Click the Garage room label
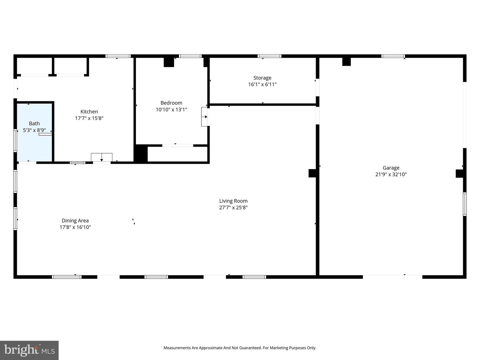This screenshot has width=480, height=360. pyautogui.click(x=391, y=168)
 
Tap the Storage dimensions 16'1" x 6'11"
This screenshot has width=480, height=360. pyautogui.click(x=262, y=84)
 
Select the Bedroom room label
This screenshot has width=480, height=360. pyautogui.click(x=171, y=103)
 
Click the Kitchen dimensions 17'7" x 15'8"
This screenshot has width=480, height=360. pyautogui.click(x=89, y=118)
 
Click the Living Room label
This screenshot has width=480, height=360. pyautogui.click(x=233, y=201)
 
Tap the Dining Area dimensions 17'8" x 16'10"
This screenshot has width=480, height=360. pyautogui.click(x=75, y=227)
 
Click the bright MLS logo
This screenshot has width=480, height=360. pyautogui.click(x=29, y=350)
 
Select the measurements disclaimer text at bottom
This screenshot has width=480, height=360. pyautogui.click(x=240, y=348)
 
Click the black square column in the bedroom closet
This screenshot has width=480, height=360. pyautogui.click(x=141, y=154)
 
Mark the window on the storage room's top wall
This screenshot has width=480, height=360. pyautogui.click(x=269, y=56)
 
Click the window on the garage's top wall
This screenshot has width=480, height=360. pyautogui.click(x=393, y=56)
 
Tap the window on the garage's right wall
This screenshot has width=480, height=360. pyautogui.click(x=465, y=204)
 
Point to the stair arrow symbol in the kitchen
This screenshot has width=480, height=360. pyautogui.click(x=102, y=157)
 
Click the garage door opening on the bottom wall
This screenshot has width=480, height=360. pyautogui.click(x=392, y=276)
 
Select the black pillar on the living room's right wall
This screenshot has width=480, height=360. pyautogui.click(x=312, y=173)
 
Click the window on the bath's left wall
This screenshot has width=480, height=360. pyautogui.click(x=15, y=140)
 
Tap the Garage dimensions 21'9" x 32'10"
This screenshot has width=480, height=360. pyautogui.click(x=391, y=174)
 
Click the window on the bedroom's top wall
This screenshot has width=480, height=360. pyautogui.click(x=190, y=56)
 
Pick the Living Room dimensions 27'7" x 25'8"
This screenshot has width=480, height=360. pyautogui.click(x=233, y=208)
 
